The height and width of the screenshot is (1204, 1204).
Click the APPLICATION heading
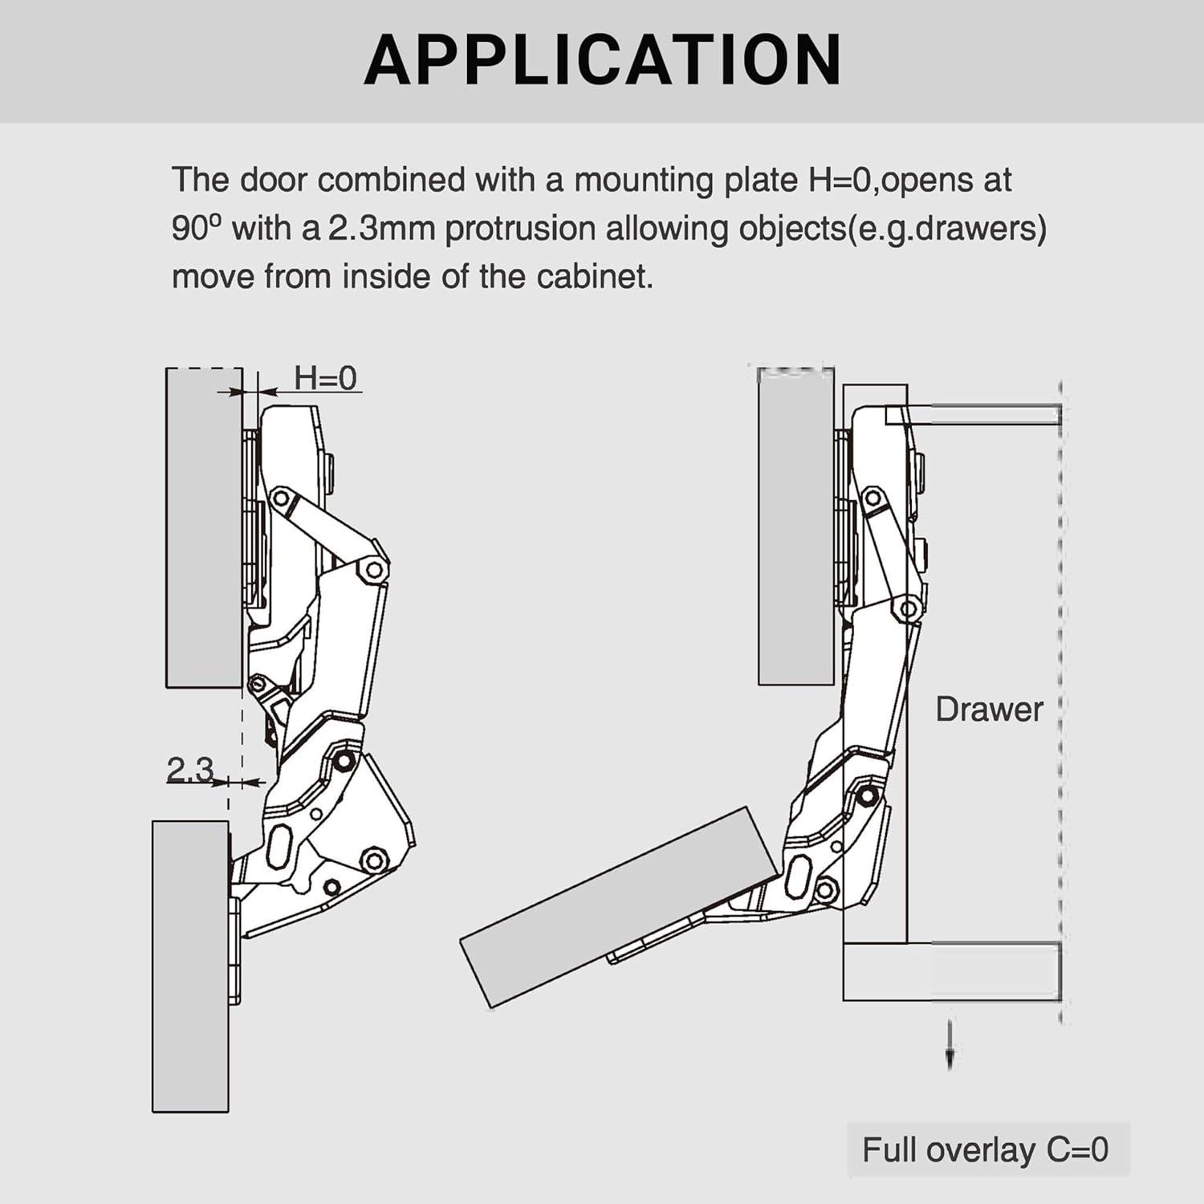[602, 60]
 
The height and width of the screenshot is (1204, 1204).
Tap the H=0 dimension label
[325, 378]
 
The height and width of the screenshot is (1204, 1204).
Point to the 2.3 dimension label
[189, 769]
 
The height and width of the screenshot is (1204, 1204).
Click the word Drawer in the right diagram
[989, 710]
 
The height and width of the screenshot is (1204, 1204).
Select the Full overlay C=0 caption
[985, 1149]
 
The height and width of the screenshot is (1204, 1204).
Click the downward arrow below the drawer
[950, 1045]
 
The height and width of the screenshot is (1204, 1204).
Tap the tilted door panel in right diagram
[618, 907]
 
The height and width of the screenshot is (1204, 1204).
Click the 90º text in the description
[195, 229]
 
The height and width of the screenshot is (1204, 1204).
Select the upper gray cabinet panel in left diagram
[204, 527]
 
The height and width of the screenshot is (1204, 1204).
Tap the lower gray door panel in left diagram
[190, 966]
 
